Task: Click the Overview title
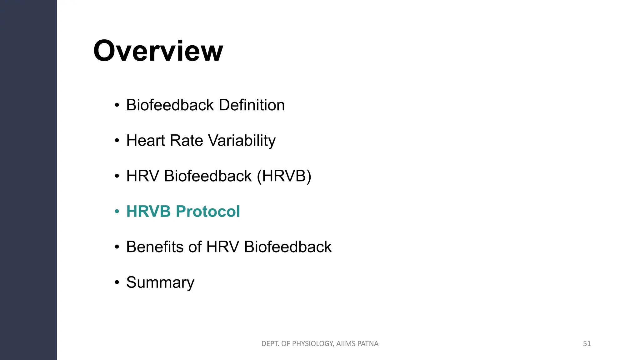click(x=158, y=51)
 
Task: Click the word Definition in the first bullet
click(x=252, y=105)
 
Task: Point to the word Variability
click(x=242, y=140)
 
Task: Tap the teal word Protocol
click(x=208, y=212)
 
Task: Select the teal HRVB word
click(x=148, y=212)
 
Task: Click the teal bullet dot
click(x=117, y=212)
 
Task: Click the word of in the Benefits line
click(x=195, y=247)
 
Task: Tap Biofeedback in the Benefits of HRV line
click(x=287, y=247)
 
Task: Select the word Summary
click(x=160, y=282)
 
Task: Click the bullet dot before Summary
click(x=117, y=283)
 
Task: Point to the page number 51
click(x=587, y=344)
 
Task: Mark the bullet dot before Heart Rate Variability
click(x=117, y=141)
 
